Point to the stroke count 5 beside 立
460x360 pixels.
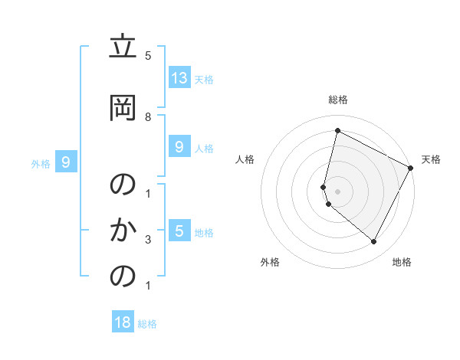click(148, 55)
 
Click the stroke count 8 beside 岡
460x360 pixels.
click(148, 116)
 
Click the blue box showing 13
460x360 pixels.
click(179, 78)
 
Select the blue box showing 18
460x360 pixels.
click(123, 322)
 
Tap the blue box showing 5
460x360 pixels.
click(179, 231)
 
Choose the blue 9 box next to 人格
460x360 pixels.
click(179, 147)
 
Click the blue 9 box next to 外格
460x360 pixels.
click(66, 162)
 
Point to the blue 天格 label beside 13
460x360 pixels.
click(204, 79)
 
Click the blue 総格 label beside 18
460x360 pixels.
click(147, 324)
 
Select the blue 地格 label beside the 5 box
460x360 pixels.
click(204, 232)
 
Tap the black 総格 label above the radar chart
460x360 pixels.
click(337, 100)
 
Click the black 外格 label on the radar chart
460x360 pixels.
click(270, 262)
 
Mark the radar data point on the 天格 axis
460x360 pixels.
click(411, 168)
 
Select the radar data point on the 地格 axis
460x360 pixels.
click(374, 241)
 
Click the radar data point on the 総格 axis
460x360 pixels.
click(337, 131)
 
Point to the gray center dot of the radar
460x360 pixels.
click(337, 191)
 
